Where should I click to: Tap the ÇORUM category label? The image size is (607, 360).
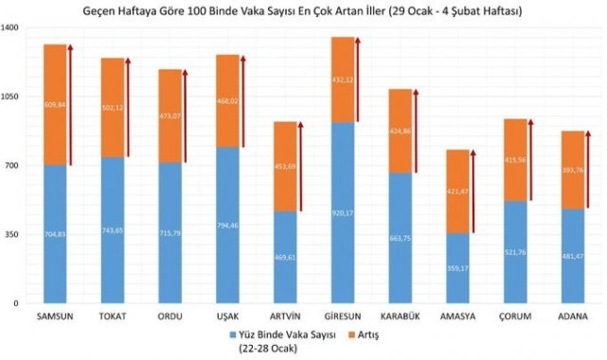coord(515,315)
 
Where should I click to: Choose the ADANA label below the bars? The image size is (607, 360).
coord(572,315)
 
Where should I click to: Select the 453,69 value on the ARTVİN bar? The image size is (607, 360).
coord(285,167)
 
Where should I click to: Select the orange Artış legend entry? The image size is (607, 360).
coord(354,334)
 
